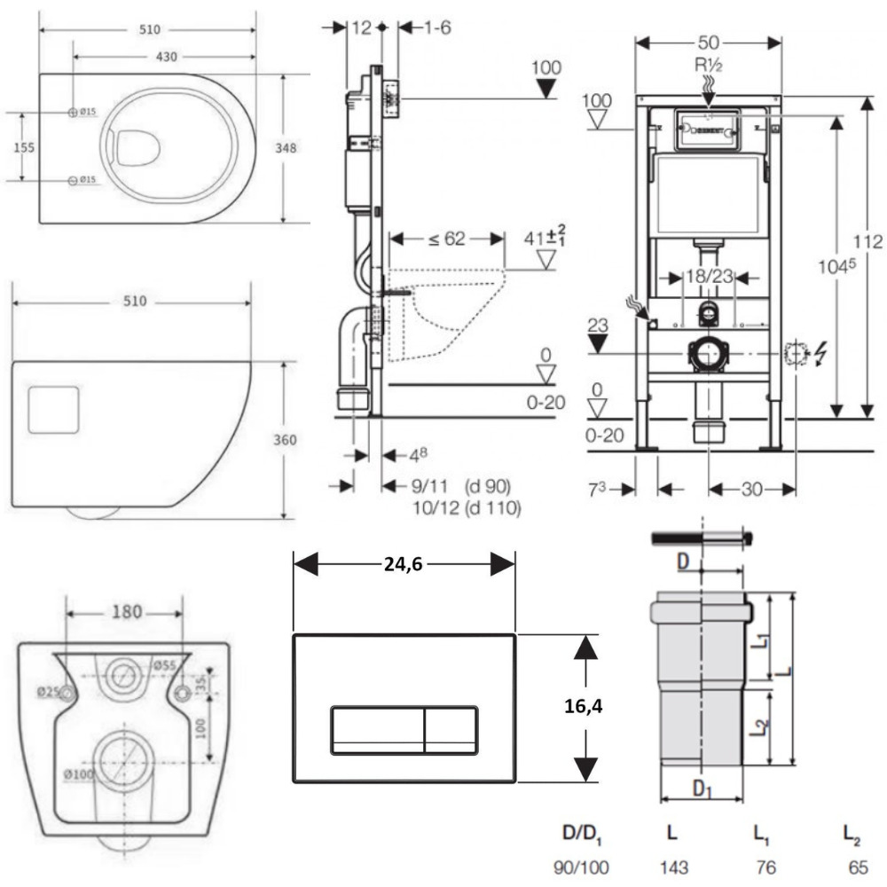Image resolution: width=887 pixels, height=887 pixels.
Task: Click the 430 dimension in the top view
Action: pos(166,57)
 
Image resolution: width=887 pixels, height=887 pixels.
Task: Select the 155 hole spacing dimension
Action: pos(25,147)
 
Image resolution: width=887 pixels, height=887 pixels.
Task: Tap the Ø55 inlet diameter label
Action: pos(166,664)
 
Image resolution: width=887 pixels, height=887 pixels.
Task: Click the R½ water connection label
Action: pos(709,66)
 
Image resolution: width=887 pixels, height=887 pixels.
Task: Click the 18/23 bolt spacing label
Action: pos(709,277)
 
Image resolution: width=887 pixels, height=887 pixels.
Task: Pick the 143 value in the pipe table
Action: pos(672,867)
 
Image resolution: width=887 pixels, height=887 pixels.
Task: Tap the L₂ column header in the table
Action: pos(853,834)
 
